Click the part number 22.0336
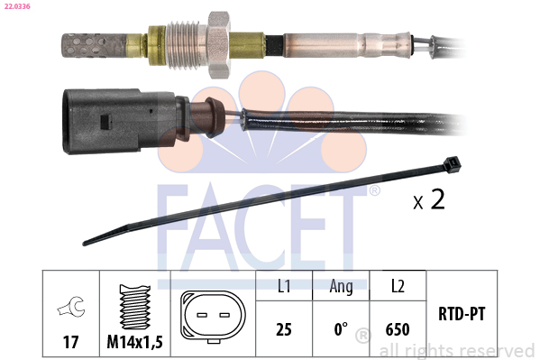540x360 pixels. point(17,6)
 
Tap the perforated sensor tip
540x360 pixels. point(94,45)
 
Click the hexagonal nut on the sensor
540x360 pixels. point(218,44)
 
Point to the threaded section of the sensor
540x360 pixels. point(187,44)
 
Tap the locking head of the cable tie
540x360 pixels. point(453,164)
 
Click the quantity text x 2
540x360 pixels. point(429,199)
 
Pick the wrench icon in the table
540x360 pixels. point(71,306)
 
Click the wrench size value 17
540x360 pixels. point(70,342)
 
